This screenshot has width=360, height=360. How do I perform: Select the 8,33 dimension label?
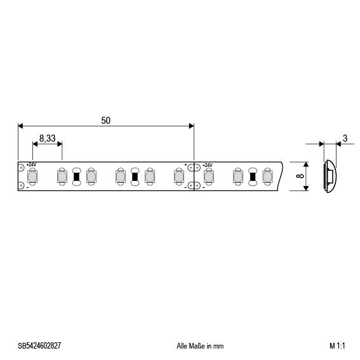[47, 137]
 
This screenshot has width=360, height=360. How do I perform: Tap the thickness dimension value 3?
[344, 138]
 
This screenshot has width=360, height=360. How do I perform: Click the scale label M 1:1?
[337, 346]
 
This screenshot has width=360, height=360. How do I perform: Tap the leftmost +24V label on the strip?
[32, 165]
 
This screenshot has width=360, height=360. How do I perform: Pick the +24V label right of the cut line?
[207, 165]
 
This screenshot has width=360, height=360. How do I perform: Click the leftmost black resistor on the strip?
[77, 176]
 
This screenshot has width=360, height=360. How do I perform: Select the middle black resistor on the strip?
[135, 176]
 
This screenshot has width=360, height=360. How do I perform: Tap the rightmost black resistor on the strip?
[253, 176]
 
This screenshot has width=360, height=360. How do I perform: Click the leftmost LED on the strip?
[32, 176]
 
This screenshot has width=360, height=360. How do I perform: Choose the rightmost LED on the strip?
[267, 176]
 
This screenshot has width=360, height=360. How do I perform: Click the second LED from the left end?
[62, 176]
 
